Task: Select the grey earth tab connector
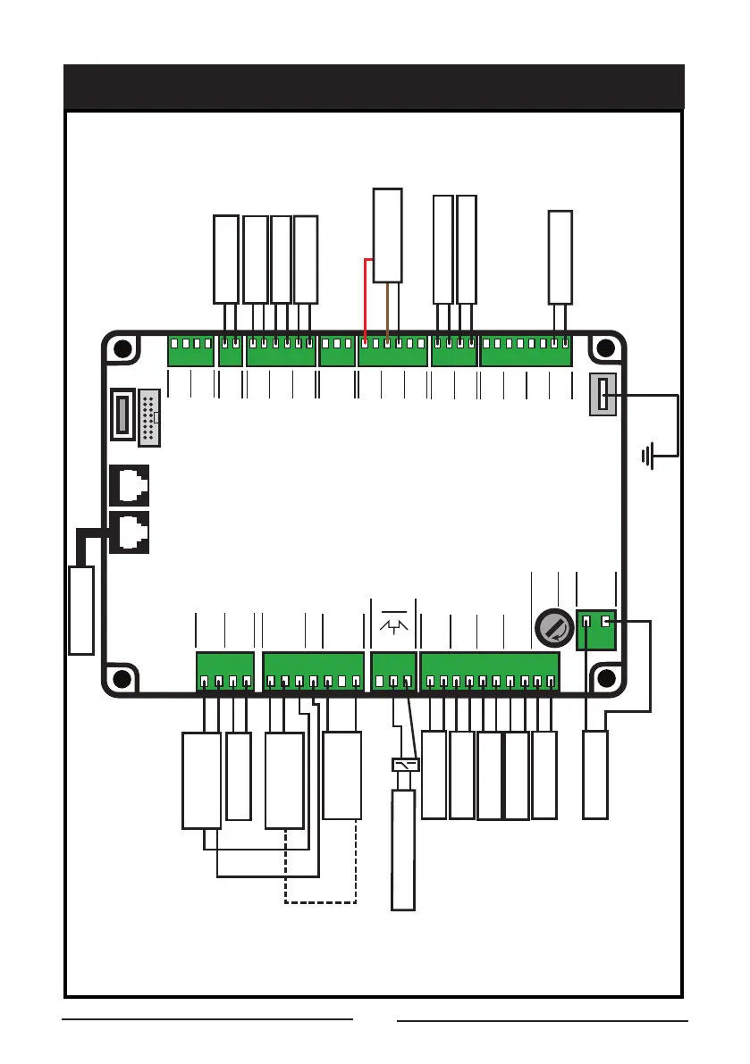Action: pyautogui.click(x=603, y=394)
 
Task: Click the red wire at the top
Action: pyautogui.click(x=365, y=295)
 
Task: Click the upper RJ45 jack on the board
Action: pyautogui.click(x=129, y=485)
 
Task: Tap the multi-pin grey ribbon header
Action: pyautogui.click(x=149, y=417)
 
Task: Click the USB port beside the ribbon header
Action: pyautogui.click(x=123, y=415)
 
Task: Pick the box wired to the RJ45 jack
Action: pyautogui.click(x=80, y=609)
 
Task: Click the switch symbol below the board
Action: pyautogui.click(x=406, y=765)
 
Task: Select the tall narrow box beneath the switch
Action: pyautogui.click(x=403, y=850)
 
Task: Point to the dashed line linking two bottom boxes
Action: pyautogui.click(x=320, y=902)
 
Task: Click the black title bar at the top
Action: pyautogui.click(x=375, y=87)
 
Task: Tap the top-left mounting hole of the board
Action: pyautogui.click(x=123, y=350)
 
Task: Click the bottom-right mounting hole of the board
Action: pyautogui.click(x=606, y=679)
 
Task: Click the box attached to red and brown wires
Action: pyautogui.click(x=387, y=236)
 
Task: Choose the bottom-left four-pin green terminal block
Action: pyautogui.click(x=225, y=673)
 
